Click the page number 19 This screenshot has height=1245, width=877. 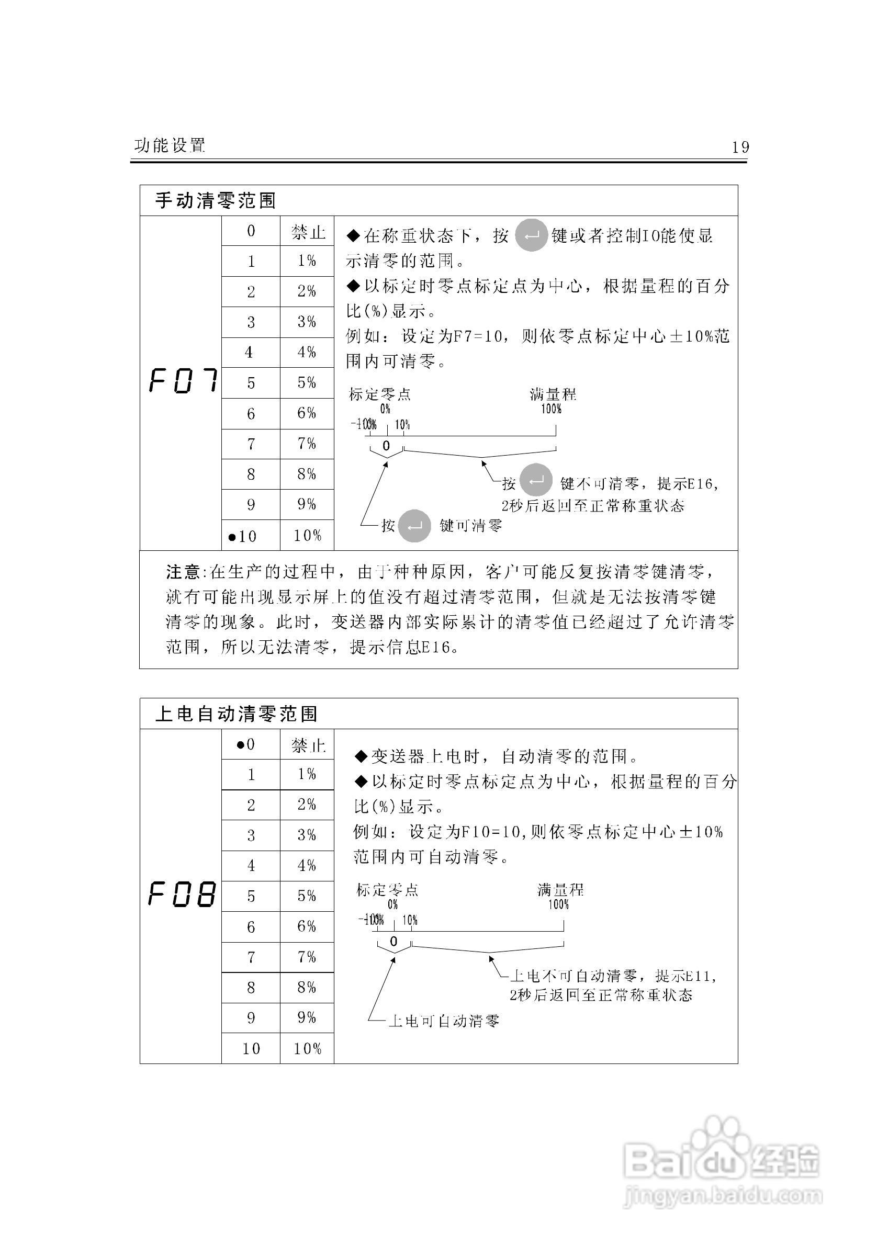coord(740,147)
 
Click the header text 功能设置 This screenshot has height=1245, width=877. coord(170,145)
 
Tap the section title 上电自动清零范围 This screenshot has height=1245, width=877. coord(236,714)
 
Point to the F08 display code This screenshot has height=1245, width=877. coord(182,894)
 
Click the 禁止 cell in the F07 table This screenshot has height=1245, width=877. coord(308,232)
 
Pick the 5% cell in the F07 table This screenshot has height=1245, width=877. coord(307,383)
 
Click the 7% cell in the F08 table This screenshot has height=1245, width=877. coord(307,957)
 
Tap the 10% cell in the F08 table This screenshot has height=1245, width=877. coord(307,1049)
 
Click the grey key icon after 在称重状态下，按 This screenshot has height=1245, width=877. coord(531,235)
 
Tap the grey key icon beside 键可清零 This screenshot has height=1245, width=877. coord(414,526)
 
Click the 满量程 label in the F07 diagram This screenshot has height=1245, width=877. coord(553,394)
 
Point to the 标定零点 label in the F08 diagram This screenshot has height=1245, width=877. coord(387,889)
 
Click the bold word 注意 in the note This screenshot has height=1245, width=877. coord(183,572)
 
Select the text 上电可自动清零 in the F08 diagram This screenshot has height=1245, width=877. coord(443,1022)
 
